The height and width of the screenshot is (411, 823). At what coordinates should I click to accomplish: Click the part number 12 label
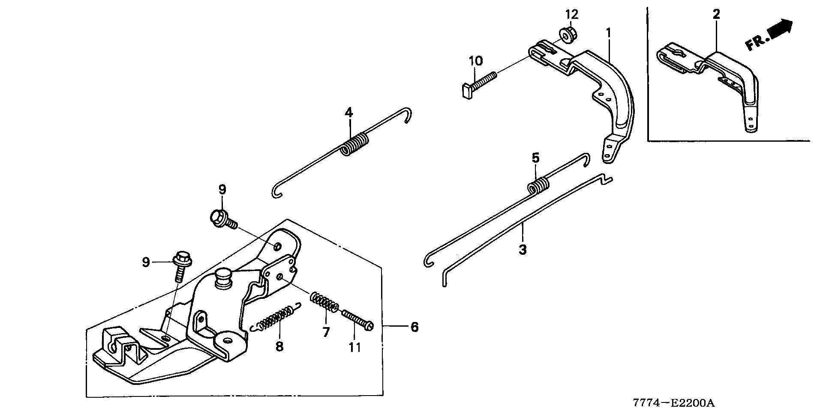(x=571, y=14)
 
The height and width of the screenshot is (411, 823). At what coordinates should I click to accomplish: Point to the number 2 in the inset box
(x=716, y=14)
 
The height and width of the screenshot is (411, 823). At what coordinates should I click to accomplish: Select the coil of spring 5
(x=538, y=187)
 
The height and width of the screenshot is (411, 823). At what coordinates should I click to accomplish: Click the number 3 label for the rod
(x=522, y=249)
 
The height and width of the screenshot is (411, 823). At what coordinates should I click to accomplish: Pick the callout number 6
(x=414, y=327)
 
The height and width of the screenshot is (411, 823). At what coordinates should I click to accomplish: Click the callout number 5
(x=535, y=158)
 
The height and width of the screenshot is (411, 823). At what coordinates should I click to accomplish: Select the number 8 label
(x=279, y=346)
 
